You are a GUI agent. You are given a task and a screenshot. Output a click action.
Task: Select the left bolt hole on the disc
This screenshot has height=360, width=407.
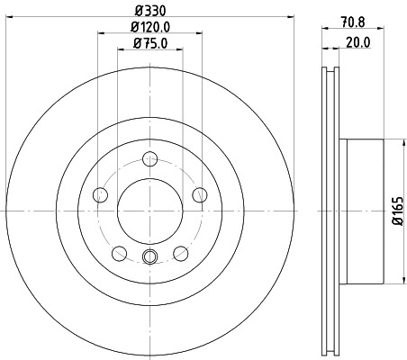point(101,195)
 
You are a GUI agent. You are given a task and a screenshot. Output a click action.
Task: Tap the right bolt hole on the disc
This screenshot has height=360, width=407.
point(200,195)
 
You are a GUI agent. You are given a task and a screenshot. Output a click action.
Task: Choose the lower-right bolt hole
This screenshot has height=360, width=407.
point(181,252)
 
